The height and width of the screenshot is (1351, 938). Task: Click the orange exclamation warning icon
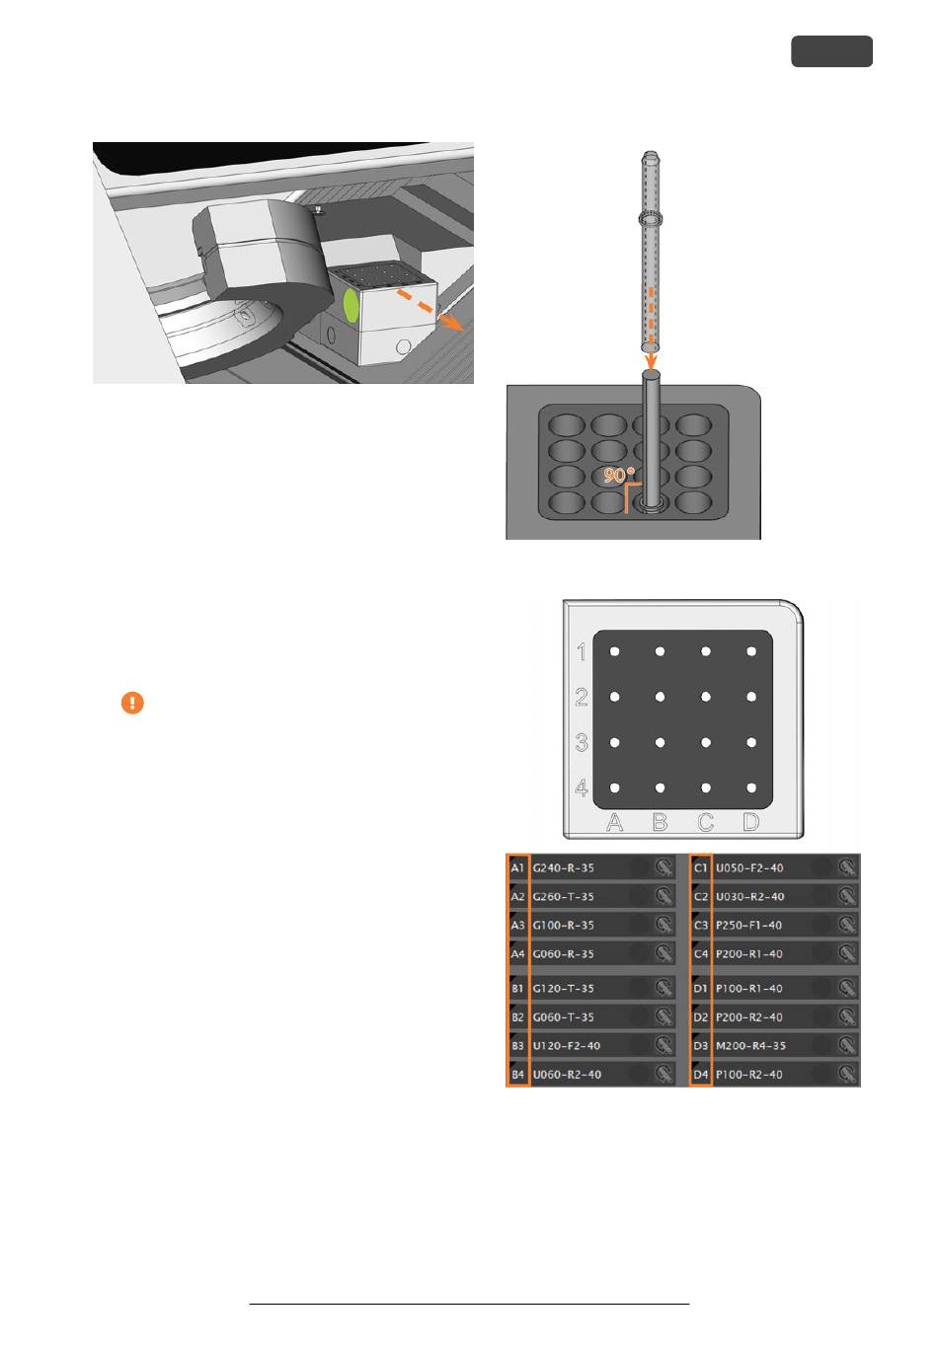[x=132, y=703]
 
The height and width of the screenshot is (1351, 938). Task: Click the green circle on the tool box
[x=352, y=306]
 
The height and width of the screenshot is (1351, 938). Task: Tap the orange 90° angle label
[x=618, y=476]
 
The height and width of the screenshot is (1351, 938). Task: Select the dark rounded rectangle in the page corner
[x=831, y=51]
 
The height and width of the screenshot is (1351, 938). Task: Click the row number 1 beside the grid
[x=582, y=651]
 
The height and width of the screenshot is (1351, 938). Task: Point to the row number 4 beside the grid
[x=582, y=788]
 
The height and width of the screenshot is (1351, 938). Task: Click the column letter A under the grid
[x=614, y=821]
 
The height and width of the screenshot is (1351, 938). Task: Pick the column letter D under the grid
[x=750, y=821]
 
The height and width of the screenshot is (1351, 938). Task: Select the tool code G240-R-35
[x=563, y=867]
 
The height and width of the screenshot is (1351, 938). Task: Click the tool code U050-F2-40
[x=749, y=867]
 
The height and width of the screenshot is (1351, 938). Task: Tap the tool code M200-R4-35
[x=750, y=1045]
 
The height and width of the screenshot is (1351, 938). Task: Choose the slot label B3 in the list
[x=517, y=1045]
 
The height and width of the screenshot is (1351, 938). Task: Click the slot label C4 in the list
[x=700, y=953]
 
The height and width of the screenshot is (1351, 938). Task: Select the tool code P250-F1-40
[x=748, y=925]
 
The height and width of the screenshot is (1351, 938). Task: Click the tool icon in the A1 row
[x=664, y=867]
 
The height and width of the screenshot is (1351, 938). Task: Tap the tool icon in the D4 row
[x=847, y=1074]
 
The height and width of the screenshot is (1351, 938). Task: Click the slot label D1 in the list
[x=700, y=988]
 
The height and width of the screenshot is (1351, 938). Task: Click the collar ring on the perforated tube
[x=651, y=218]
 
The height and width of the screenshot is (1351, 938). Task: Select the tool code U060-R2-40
[x=567, y=1074]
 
